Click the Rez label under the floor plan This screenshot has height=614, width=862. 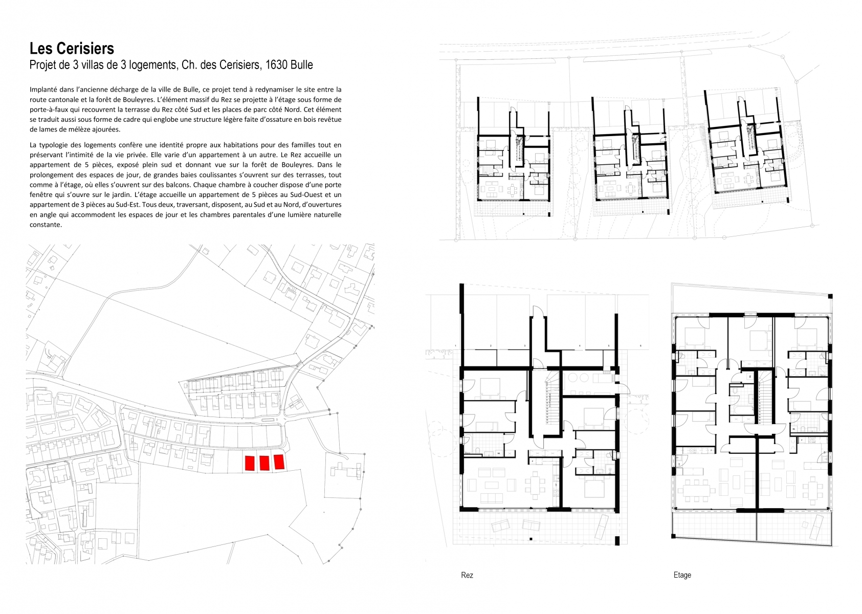point(467,575)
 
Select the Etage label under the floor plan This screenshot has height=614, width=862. point(682,575)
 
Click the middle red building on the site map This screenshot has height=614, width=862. point(264,463)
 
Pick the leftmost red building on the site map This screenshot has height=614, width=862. point(250,463)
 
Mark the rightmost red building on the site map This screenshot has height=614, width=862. point(279,462)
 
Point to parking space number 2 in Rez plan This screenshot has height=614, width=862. point(491,333)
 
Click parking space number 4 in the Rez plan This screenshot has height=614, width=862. point(579,333)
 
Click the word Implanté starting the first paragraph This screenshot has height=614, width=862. point(45,90)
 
